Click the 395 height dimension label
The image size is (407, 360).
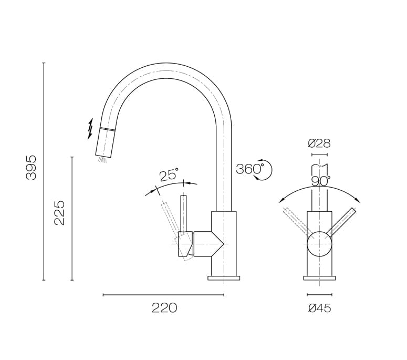(32, 168)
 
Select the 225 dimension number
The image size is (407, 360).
(59, 212)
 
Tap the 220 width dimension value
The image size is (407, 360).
(164, 308)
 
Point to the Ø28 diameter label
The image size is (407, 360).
(319, 143)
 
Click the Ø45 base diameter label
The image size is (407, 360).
(319, 308)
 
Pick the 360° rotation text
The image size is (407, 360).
(249, 169)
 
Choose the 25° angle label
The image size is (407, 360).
(169, 174)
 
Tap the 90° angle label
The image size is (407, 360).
(320, 181)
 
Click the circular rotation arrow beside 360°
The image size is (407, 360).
(265, 170)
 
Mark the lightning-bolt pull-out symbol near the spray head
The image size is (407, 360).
(90, 128)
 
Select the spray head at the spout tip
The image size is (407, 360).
(105, 142)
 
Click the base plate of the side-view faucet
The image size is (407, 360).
(224, 277)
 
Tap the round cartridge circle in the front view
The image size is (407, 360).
(319, 244)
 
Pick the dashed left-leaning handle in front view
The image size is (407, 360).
(297, 221)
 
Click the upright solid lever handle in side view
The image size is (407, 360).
(183, 213)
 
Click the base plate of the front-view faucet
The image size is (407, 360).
(319, 277)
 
